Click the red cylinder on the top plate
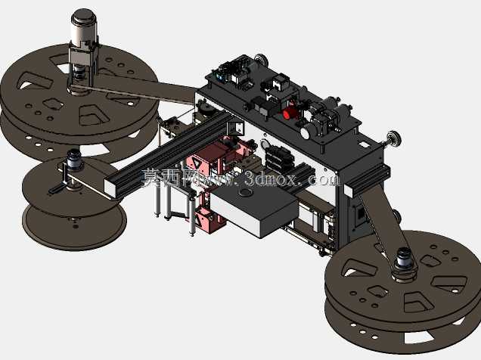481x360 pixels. click(x=288, y=114)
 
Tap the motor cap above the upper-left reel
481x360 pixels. click(x=83, y=16)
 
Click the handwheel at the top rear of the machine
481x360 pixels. click(x=261, y=58)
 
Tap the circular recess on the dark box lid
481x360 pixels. click(x=246, y=193)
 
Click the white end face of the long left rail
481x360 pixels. click(x=110, y=188)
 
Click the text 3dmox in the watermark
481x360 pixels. click(x=272, y=178)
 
